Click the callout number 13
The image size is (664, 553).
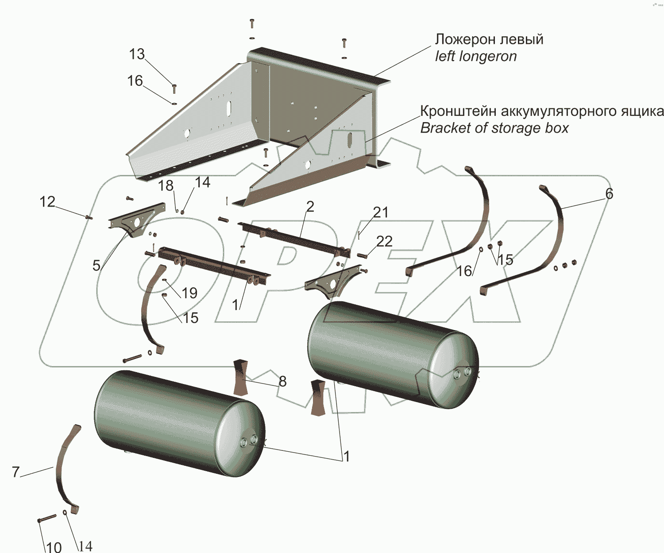pos(137,54)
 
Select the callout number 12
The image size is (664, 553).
pos(47,202)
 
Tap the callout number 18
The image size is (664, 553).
pos(166,186)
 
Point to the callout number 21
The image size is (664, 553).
pos(380,213)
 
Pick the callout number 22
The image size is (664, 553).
pos(384,242)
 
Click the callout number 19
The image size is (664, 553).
pos(189,293)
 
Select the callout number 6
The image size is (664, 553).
pos(609,193)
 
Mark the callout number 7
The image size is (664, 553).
pos(16,472)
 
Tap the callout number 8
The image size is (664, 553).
pos(282,381)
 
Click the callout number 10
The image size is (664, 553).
pos(54,547)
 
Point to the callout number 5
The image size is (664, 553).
pos(97,265)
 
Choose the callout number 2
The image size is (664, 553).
pos(310,206)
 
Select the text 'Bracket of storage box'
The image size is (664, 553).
pos(494,128)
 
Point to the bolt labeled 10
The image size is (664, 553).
pos(47,518)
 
